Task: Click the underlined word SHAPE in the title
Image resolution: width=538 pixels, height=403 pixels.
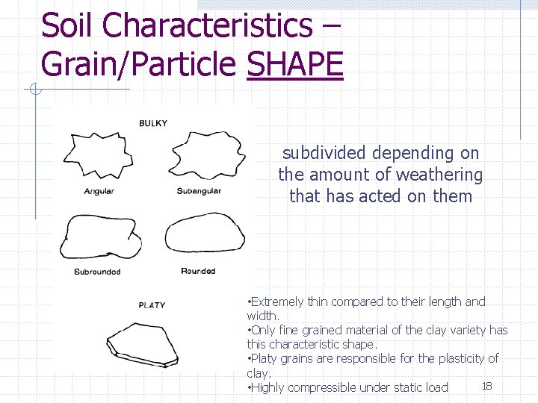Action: pos(294,64)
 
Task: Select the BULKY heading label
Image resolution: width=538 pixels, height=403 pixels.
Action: pos(153,123)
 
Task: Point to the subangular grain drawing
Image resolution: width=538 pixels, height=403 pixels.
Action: pos(208,153)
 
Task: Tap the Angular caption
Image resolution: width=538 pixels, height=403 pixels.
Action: pos(99,191)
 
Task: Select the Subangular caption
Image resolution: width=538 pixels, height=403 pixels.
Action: pos(199,191)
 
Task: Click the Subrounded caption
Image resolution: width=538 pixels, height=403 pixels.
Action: pos(97,272)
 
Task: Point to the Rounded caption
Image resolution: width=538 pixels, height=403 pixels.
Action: pos(198,271)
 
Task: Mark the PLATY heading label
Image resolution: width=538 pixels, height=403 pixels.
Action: pos(152,305)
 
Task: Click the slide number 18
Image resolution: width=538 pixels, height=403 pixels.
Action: pos(486,385)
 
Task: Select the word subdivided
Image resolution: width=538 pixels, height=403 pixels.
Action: pos(324,153)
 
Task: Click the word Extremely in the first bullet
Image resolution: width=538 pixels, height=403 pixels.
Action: pos(277,302)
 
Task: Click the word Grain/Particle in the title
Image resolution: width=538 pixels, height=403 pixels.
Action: pos(139,64)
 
